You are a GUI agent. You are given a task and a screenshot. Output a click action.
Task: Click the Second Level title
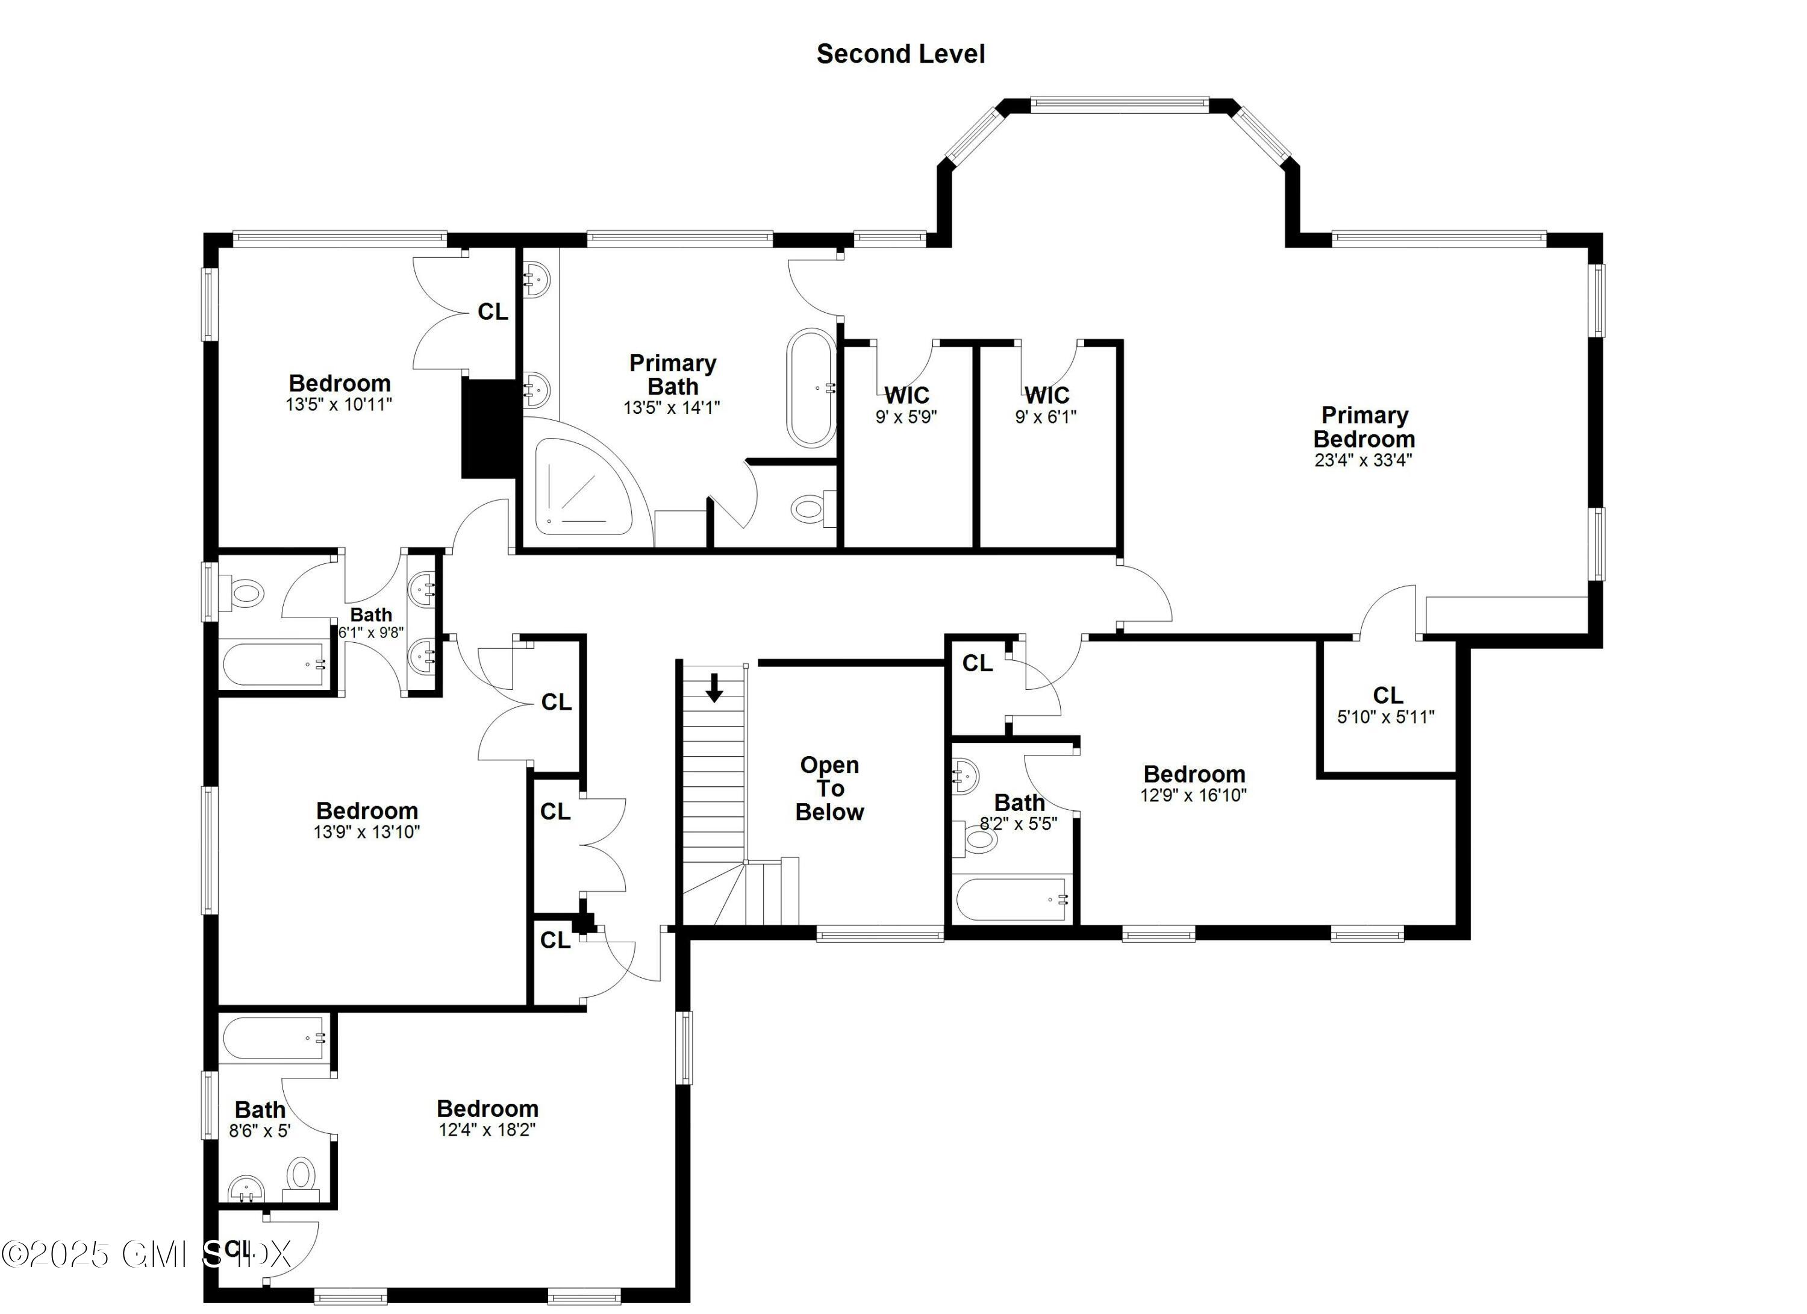[900, 54]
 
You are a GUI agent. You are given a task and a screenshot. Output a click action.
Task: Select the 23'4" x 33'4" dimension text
[1363, 460]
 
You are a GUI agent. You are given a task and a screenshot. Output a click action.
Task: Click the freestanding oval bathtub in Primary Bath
[811, 388]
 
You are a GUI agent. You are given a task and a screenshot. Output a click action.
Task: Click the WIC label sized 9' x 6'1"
[1046, 395]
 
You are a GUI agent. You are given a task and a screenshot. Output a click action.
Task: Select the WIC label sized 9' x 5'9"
[907, 395]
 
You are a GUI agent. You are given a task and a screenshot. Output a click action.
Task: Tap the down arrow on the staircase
[714, 687]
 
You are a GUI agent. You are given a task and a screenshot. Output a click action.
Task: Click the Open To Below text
[829, 788]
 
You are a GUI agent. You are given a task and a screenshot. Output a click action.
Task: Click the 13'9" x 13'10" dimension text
[366, 832]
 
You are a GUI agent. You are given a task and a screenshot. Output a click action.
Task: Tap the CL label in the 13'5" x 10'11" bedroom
[492, 311]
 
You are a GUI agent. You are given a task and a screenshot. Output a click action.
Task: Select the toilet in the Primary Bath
[810, 508]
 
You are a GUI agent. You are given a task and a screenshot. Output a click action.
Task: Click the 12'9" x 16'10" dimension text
[1193, 795]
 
